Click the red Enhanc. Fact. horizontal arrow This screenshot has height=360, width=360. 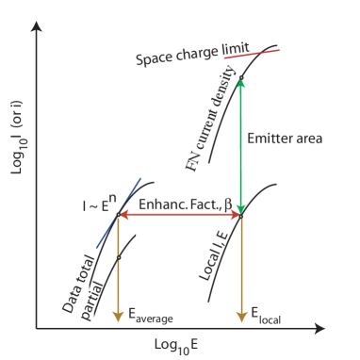[179, 215]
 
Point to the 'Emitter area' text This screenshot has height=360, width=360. [284, 138]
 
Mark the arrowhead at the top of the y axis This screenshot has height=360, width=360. [36, 20]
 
